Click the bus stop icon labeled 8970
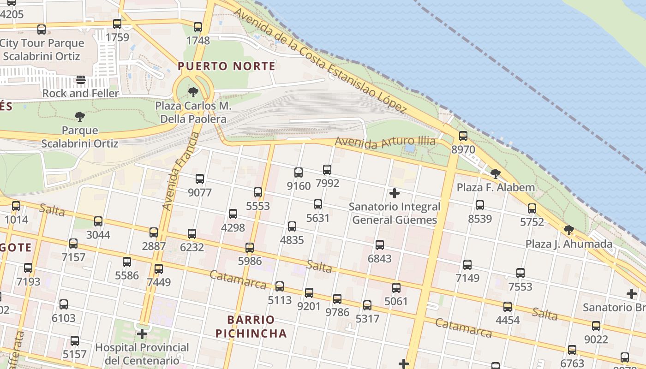[463, 136]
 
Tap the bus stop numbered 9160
[299, 173]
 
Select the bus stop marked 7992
[327, 170]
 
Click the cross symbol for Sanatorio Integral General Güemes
[395, 193]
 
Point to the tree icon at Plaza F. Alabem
[496, 174]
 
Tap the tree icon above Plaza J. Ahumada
[569, 230]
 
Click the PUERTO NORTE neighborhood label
[227, 66]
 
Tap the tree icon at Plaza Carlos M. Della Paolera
[193, 92]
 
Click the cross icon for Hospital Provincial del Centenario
[142, 333]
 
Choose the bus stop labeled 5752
[532, 208]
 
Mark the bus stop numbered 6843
[379, 245]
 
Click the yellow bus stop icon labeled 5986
[250, 248]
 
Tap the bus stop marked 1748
[198, 27]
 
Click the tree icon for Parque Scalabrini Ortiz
[80, 117]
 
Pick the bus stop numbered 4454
[508, 307]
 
